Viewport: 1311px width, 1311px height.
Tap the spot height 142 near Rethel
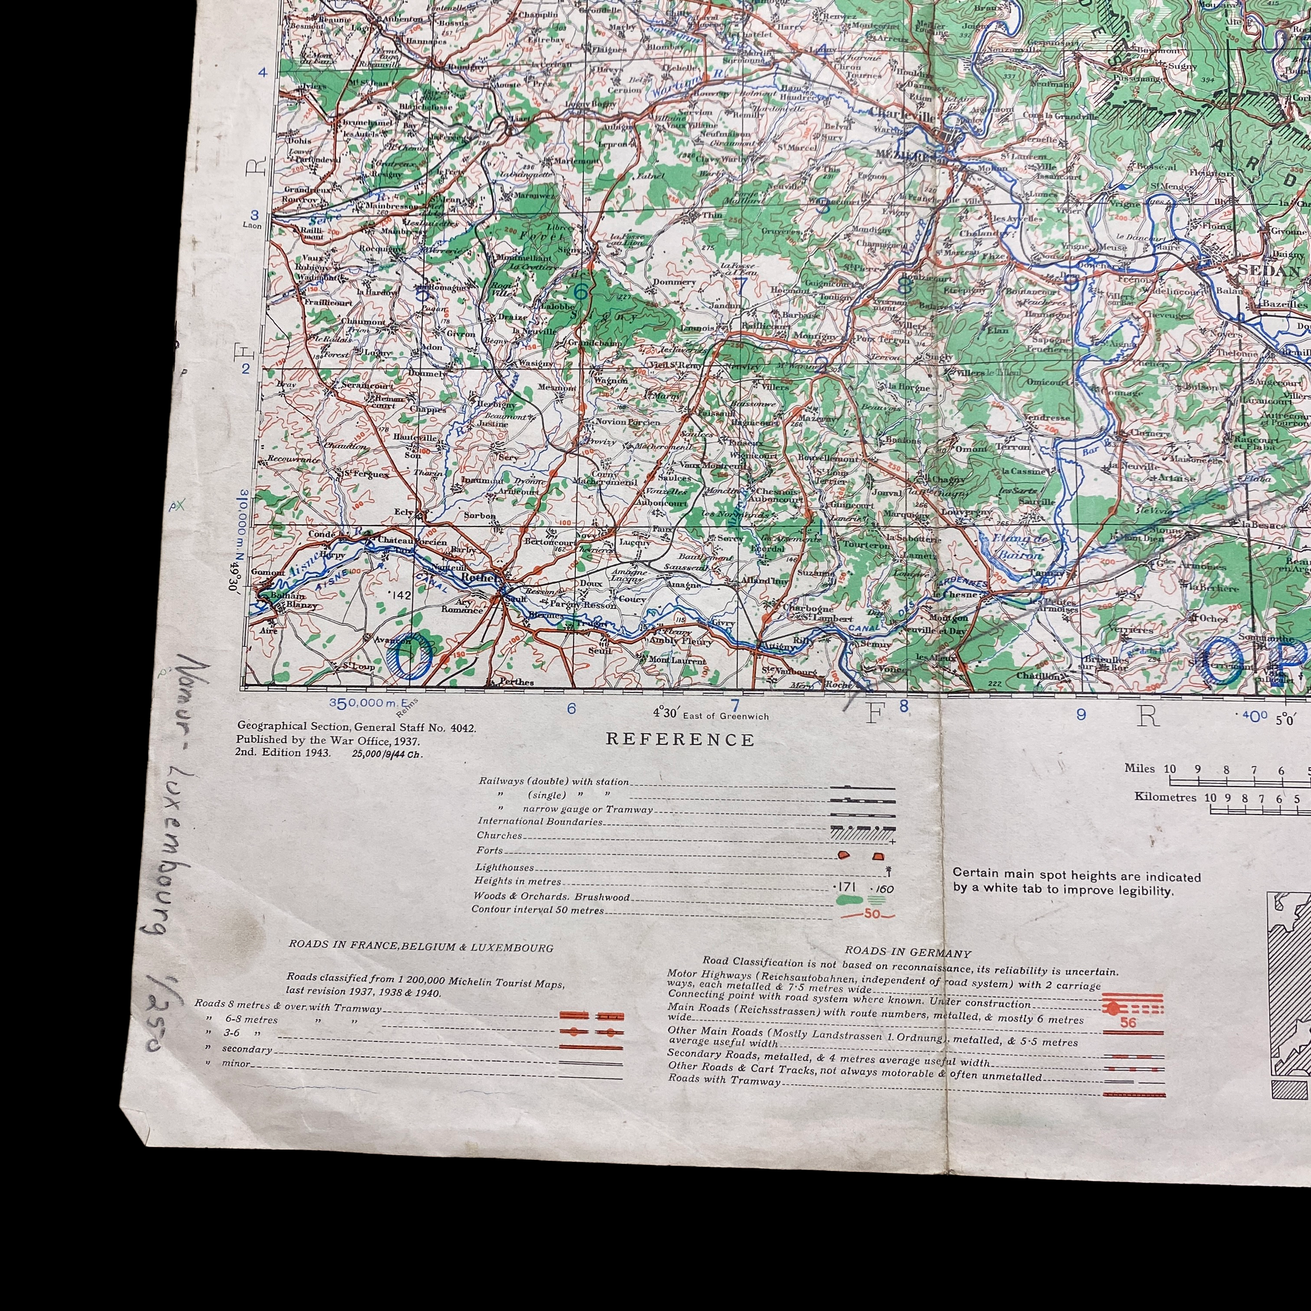tap(401, 595)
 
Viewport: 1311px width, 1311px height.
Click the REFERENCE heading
tap(680, 740)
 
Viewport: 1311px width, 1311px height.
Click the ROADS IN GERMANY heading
tap(908, 953)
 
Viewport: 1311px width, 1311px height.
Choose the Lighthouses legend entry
tap(504, 867)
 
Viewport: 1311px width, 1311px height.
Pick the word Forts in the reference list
tap(489, 851)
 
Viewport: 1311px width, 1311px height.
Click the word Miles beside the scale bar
tap(1139, 768)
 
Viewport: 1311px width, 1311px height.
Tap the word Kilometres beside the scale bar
tap(1165, 796)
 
